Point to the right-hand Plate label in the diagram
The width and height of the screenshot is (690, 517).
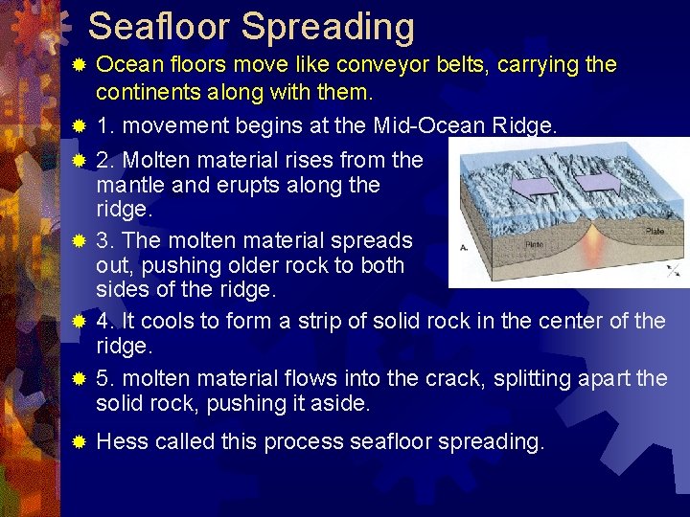(654, 231)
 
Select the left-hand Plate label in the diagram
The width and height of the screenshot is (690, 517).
(535, 244)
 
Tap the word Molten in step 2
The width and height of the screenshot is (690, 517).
(155, 160)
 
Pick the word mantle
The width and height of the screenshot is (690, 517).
(128, 185)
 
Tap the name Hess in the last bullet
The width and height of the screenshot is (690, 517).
(123, 441)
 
